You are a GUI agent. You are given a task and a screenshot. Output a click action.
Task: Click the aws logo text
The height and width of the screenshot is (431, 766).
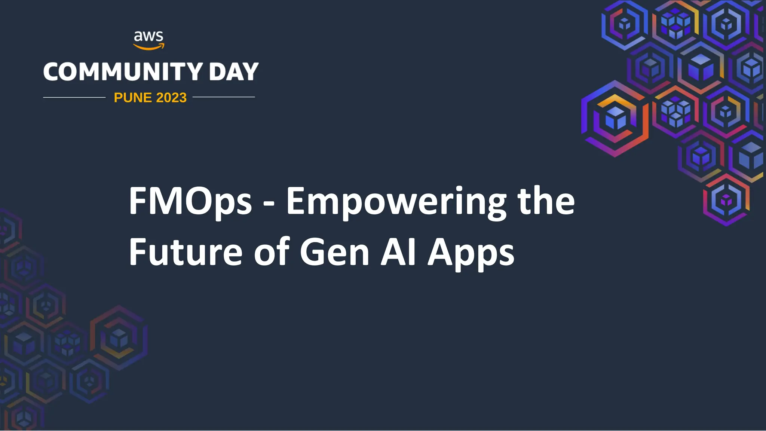148,36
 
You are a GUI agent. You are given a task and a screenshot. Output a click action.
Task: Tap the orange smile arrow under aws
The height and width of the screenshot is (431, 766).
149,47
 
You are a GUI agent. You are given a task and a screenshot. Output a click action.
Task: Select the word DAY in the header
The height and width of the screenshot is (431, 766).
234,71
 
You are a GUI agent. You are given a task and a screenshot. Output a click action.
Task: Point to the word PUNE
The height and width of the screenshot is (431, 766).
132,98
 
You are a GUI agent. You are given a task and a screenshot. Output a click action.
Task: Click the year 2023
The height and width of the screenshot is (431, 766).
171,98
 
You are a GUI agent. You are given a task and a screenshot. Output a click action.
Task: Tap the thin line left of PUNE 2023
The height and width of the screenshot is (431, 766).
74,97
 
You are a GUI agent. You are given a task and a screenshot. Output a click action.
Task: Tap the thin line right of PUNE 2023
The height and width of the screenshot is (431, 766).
224,97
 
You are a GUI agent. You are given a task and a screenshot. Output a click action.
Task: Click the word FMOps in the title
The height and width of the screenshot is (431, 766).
190,202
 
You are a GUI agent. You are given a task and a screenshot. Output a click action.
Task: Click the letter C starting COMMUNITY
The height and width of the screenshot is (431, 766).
54,71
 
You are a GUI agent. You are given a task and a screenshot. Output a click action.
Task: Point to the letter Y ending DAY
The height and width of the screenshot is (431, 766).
250,71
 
